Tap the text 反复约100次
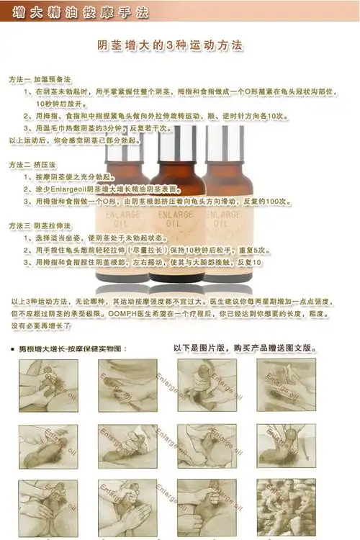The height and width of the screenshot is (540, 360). [270, 202]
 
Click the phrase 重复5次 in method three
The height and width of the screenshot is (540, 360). [253, 250]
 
